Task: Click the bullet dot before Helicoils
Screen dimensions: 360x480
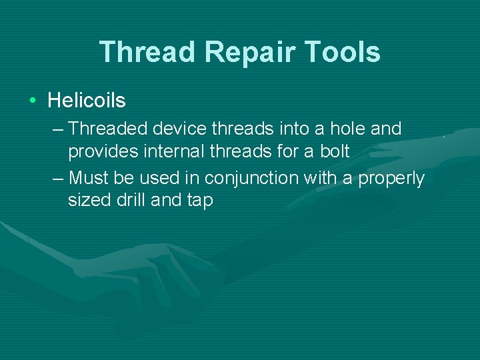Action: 33,101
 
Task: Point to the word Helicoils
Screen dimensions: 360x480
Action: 87,101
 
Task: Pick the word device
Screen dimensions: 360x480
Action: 174,128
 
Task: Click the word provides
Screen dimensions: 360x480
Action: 102,151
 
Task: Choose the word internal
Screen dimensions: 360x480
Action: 169,151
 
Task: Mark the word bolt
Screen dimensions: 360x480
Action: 334,151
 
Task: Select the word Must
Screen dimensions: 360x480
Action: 87,178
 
